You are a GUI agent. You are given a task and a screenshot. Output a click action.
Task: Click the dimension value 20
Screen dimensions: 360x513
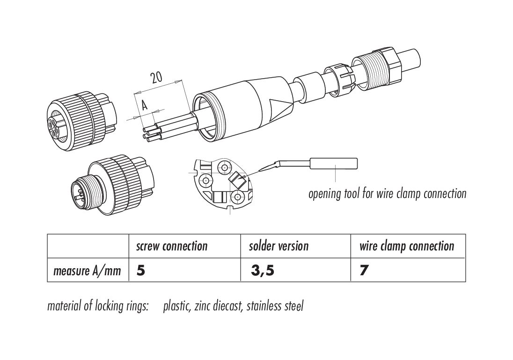(x=156, y=77)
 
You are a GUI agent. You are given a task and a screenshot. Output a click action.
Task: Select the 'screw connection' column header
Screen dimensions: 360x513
(x=171, y=246)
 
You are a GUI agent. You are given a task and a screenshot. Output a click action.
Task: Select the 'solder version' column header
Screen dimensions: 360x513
(x=278, y=246)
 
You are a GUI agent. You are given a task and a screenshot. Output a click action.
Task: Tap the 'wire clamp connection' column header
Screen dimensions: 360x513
(x=406, y=246)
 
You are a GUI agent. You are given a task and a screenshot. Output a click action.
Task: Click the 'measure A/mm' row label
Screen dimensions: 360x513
(x=87, y=271)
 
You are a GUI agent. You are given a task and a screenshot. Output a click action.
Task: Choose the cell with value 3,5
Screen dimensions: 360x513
(x=262, y=271)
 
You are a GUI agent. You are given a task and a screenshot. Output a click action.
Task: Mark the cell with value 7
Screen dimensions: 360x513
(x=364, y=271)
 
